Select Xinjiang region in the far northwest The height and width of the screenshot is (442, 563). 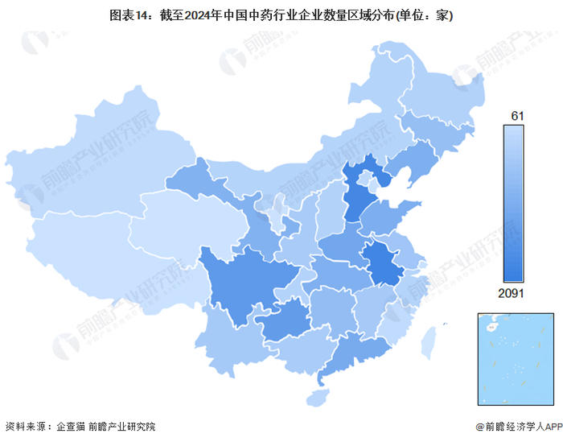coord(88,169)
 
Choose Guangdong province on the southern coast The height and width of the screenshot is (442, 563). coord(350,354)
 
